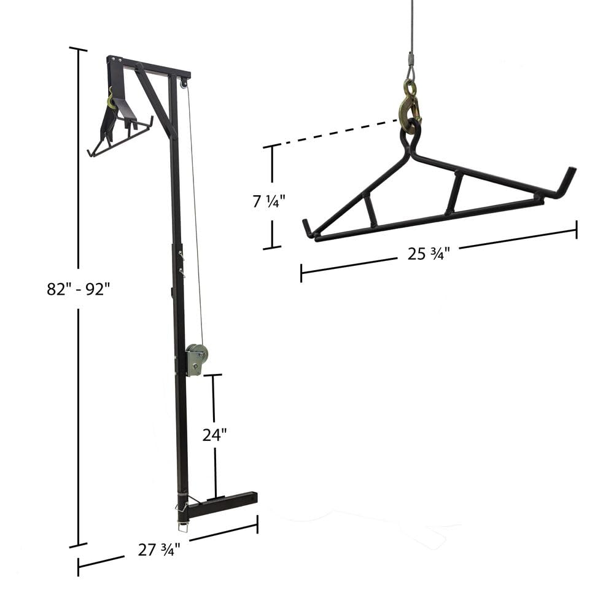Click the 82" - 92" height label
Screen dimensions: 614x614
(78, 289)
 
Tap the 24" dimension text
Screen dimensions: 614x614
(215, 435)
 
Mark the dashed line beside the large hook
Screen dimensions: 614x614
(338, 133)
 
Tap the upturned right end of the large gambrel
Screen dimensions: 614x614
(568, 181)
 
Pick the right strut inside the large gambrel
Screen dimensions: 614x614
(454, 193)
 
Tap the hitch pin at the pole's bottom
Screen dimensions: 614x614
(182, 526)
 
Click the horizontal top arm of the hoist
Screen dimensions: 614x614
(150, 68)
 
